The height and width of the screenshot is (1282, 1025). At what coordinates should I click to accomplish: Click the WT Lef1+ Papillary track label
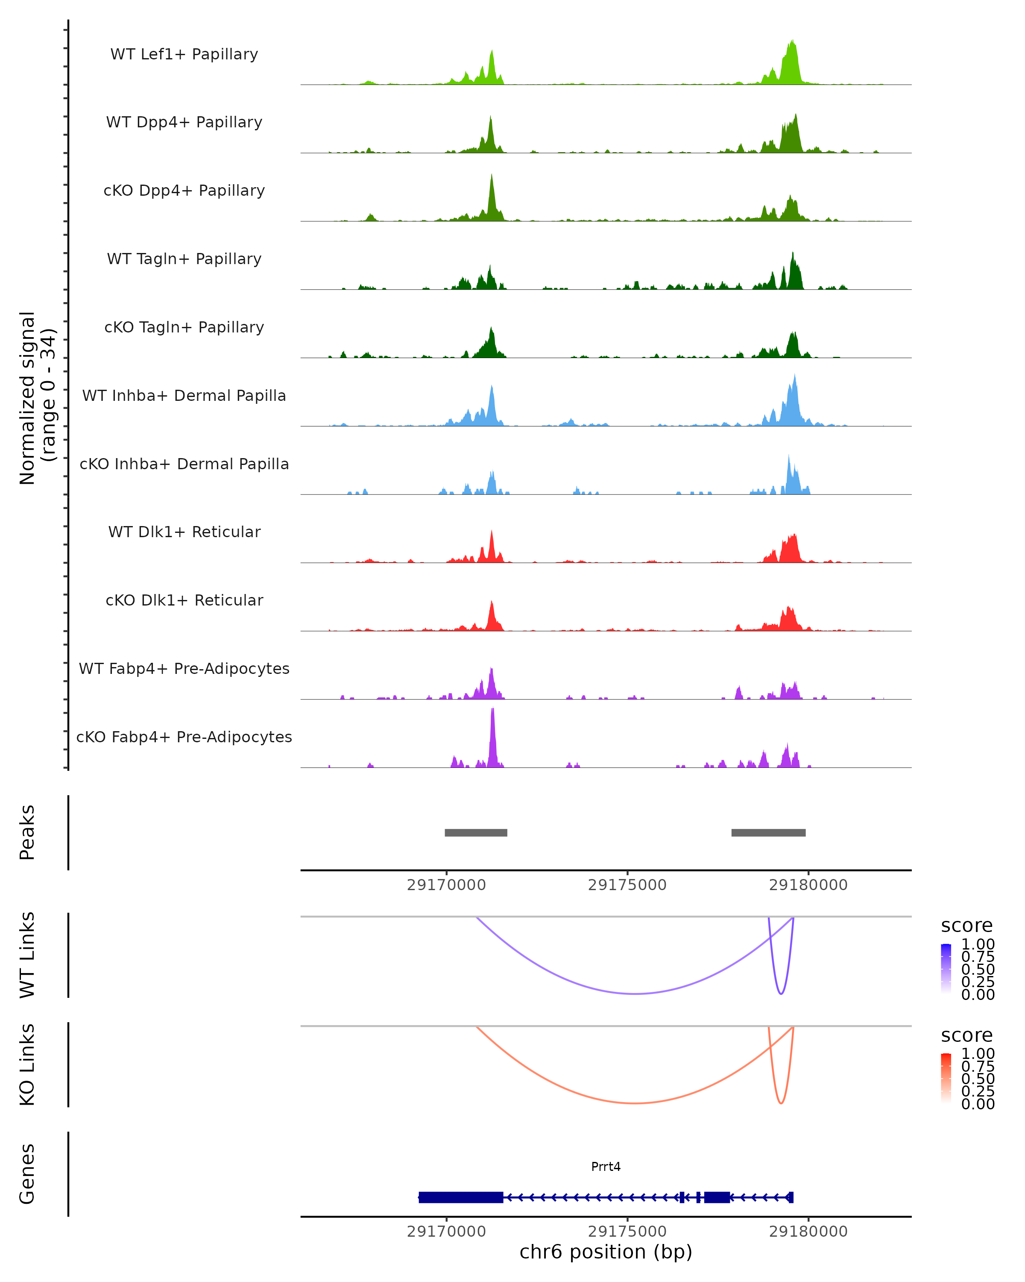coord(184,54)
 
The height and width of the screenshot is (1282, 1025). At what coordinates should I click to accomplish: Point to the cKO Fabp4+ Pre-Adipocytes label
coord(184,737)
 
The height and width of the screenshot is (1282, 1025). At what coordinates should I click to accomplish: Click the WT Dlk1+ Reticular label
coord(184,532)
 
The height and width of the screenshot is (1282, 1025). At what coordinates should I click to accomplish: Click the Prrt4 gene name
coord(606,1166)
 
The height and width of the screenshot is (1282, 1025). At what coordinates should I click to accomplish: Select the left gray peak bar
coord(476,832)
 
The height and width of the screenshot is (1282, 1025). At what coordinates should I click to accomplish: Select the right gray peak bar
coord(768,832)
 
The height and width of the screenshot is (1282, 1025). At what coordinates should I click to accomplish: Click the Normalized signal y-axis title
coord(37,398)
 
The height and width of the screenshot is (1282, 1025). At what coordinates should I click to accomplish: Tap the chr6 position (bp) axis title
coord(606,1252)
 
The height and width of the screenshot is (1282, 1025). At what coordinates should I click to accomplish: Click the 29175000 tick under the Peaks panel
coord(627,885)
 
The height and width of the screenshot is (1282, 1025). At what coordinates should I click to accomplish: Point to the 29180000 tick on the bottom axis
coord(808,1232)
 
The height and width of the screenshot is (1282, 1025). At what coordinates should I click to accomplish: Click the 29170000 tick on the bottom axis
coord(446,1232)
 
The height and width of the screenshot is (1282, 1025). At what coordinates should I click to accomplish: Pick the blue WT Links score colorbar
coord(946,969)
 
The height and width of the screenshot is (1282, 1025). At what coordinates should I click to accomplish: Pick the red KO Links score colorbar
coord(946,1078)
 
